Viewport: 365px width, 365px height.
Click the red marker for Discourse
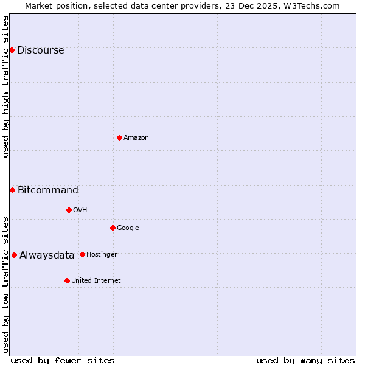coord(12,50)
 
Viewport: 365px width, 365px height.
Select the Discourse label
coord(40,50)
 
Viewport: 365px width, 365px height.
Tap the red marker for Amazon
coord(119,137)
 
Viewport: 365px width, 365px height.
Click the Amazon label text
coord(136,138)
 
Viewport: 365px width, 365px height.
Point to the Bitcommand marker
coord(12,190)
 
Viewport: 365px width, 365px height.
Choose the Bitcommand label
coord(48,190)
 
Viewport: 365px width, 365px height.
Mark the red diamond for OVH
coord(69,210)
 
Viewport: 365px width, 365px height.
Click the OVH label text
coord(80,210)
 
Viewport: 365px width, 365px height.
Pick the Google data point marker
coord(113,228)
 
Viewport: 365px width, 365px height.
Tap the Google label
coord(128,228)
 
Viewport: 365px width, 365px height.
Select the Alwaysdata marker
coord(14,255)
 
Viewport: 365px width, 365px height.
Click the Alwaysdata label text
coord(47,255)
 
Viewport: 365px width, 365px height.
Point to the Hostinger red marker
coord(82,254)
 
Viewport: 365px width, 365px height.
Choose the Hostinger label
coord(102,255)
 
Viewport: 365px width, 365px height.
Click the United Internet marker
coord(67,280)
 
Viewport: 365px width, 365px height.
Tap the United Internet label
coord(96,281)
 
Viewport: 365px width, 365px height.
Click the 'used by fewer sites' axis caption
coord(63,360)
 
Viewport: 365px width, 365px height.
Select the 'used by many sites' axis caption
coord(305,360)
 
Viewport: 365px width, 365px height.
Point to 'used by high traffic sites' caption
coord(5,86)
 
